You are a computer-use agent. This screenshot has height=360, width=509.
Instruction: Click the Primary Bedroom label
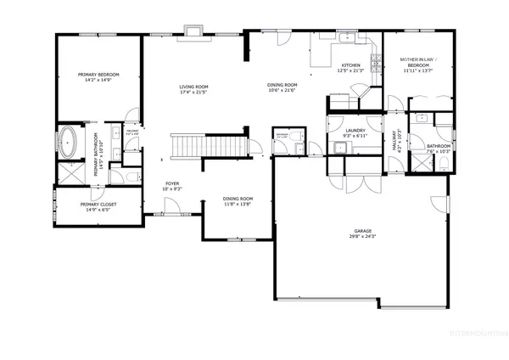[98, 75]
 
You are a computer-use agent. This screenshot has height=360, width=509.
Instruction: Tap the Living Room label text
[193, 86]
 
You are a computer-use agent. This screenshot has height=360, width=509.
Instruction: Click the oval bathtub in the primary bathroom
[66, 140]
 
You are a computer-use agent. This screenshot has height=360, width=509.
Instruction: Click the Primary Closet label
[97, 204]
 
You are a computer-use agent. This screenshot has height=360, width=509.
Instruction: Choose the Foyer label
[172, 183]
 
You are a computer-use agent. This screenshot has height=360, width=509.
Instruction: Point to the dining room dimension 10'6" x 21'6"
[282, 91]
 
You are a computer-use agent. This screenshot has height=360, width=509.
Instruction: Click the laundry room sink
[340, 150]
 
